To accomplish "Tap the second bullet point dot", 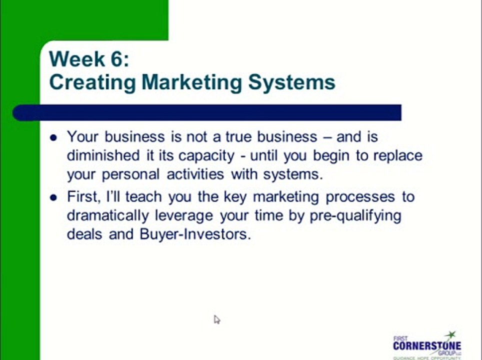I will pyautogui.click(x=54, y=197).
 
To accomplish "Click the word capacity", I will pyautogui.click(x=205, y=155).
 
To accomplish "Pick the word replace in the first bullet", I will pyautogui.click(x=397, y=155).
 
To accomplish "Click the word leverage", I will pyautogui.click(x=190, y=215).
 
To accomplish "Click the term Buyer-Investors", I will pyautogui.click(x=195, y=234).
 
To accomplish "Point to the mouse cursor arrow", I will pyautogui.click(x=216, y=319).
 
